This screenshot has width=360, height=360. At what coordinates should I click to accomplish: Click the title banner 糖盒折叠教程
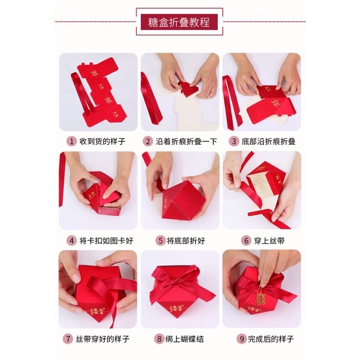pos(180,22)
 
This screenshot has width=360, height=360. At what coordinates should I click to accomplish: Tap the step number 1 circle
pos(71,141)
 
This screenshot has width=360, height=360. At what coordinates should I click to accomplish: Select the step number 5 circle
pos(160,241)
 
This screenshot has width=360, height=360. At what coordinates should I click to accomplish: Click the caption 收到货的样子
pos(102,141)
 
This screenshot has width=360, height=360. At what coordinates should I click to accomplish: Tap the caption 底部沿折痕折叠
pos(268,141)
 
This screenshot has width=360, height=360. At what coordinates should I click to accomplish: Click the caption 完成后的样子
pos(269,339)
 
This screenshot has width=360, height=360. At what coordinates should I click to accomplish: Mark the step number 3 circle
pos(234,141)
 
